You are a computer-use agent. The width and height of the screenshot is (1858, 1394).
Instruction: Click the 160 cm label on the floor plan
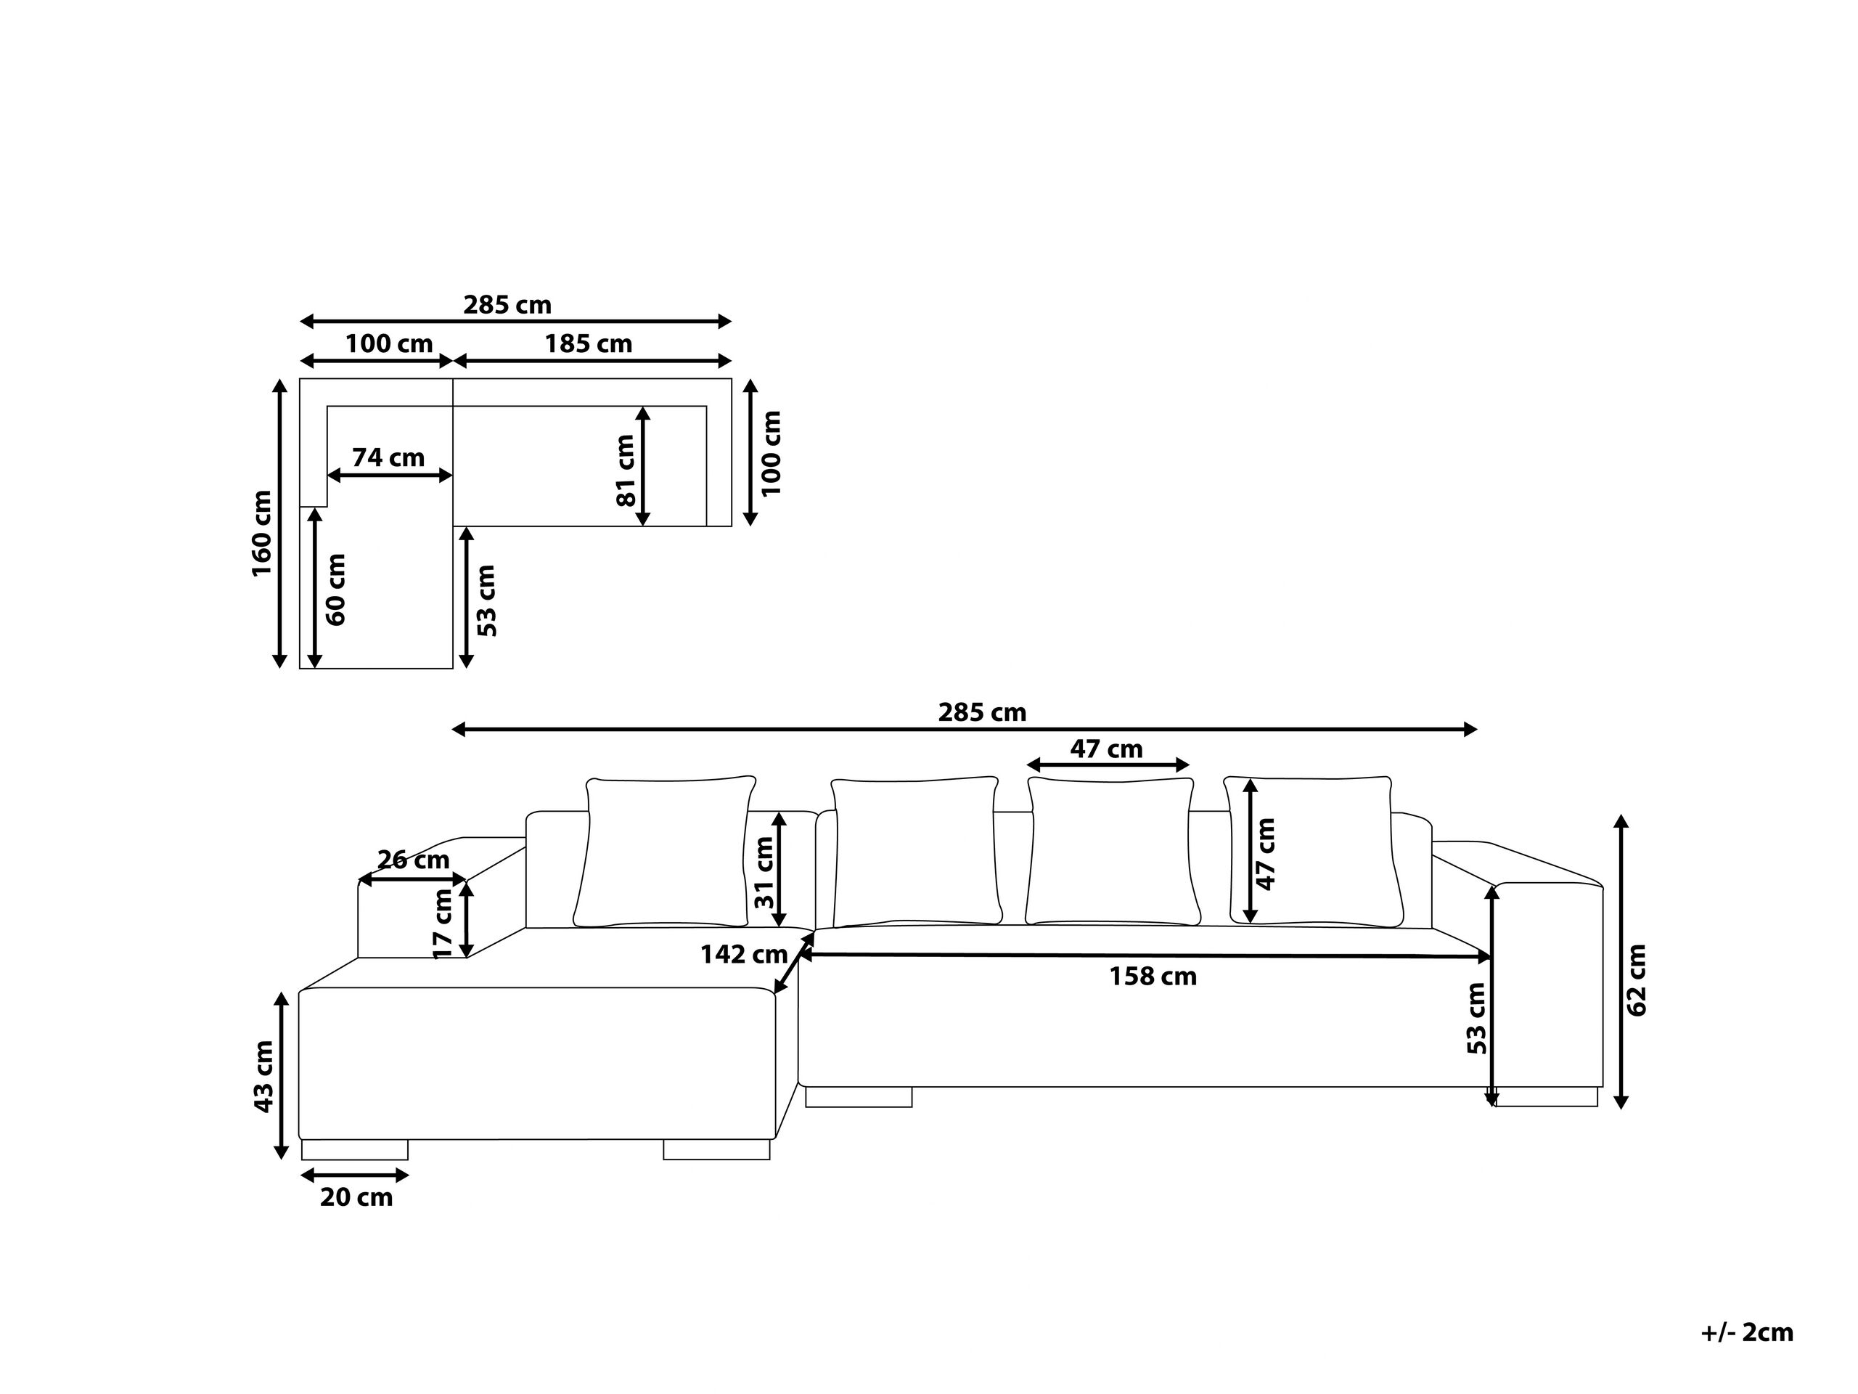262,533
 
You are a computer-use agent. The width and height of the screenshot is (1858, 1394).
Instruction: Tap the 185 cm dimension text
588,343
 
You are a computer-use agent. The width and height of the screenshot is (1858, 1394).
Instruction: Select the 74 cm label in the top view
388,458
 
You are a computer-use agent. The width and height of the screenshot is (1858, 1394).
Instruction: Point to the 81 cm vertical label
626,470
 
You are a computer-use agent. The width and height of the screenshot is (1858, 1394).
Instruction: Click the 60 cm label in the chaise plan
335,589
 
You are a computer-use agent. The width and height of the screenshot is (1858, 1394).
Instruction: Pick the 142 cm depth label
743,954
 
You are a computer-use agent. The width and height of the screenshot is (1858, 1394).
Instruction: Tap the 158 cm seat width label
1153,977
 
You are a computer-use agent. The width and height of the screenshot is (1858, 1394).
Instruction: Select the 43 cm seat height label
263,1077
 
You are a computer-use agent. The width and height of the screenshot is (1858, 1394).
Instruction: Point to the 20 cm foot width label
356,1197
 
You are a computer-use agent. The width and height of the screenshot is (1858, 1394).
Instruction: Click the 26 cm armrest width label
413,860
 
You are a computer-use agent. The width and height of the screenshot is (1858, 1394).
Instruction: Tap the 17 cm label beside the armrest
443,924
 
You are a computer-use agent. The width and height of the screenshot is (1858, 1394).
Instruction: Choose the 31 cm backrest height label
764,872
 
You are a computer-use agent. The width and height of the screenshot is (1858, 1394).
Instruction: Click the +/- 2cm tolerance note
1747,1333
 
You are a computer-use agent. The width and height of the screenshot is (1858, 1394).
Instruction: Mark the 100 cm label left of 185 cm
389,343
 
